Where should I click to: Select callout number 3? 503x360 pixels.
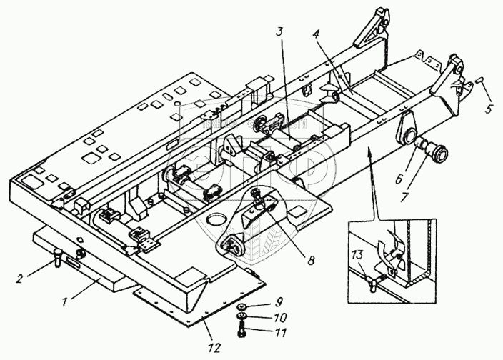coord(280,32)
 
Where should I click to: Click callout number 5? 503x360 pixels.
coord(489,109)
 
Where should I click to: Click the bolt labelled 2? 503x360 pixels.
coord(58,255)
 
